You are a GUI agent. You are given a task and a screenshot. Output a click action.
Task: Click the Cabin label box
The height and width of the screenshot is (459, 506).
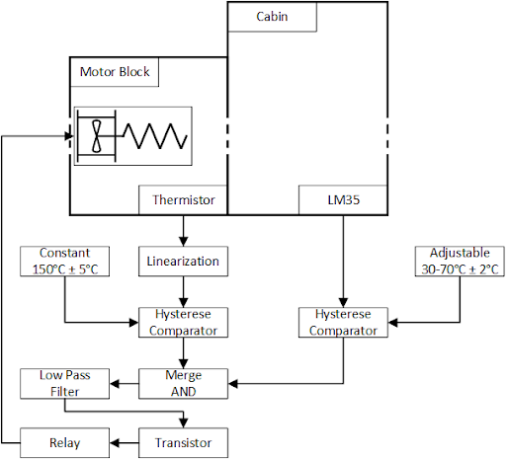(272, 17)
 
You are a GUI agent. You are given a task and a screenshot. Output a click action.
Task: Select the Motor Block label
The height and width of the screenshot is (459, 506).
(115, 72)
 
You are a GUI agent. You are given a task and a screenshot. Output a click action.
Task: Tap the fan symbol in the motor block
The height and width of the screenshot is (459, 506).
(97, 136)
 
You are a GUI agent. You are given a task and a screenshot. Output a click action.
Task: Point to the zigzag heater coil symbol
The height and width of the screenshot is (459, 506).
(155, 136)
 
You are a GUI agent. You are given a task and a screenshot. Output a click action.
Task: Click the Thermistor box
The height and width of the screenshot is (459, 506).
(183, 200)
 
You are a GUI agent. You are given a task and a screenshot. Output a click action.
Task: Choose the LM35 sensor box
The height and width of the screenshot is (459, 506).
(343, 200)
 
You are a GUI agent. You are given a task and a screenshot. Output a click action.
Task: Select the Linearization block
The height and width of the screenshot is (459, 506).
(183, 262)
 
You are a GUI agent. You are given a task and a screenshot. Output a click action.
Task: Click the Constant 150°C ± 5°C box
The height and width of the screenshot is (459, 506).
(64, 262)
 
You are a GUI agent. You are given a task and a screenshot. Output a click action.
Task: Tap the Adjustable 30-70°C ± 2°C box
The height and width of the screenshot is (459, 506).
(460, 262)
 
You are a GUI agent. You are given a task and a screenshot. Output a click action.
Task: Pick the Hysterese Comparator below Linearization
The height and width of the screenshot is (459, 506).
(183, 323)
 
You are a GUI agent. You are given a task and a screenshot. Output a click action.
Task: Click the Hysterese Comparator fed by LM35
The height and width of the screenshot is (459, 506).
(343, 323)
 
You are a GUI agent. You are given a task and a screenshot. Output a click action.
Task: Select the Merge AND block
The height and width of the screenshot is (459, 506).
(183, 384)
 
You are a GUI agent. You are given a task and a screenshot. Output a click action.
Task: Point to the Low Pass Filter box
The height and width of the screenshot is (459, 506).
(64, 384)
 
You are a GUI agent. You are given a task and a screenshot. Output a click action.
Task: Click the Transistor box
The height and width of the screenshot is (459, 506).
(183, 443)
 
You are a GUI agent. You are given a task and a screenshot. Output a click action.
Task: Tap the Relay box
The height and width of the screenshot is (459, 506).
(64, 443)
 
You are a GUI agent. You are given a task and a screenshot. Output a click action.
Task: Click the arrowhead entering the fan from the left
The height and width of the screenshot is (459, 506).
(69, 136)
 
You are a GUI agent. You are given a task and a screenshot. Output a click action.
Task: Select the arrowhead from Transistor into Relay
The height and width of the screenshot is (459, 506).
(114, 443)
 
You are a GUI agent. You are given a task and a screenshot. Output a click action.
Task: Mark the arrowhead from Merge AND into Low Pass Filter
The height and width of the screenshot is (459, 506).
(114, 384)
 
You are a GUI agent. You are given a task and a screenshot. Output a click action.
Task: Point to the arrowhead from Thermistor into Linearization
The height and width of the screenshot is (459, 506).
(183, 242)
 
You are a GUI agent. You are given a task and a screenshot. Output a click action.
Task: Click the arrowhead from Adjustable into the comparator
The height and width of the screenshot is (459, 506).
(392, 323)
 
